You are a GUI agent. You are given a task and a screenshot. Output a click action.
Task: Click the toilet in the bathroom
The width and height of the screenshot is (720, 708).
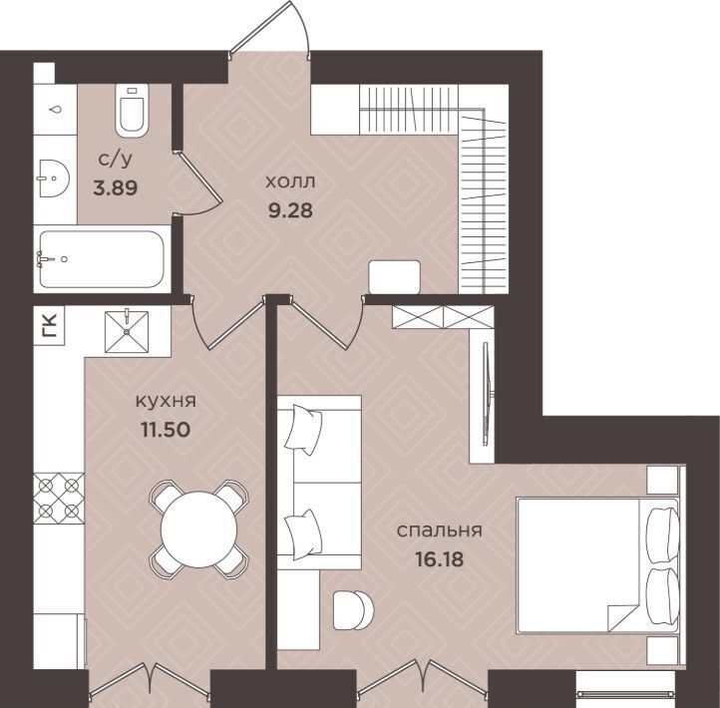click(132, 111)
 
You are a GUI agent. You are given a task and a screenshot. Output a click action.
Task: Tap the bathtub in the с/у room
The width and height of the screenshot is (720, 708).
click(102, 259)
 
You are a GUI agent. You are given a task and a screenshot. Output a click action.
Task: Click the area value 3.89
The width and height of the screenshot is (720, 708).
click(116, 187)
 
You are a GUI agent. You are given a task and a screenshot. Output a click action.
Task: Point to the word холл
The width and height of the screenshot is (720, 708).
click(290, 181)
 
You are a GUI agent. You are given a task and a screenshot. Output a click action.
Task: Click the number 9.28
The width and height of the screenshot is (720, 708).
click(290, 210)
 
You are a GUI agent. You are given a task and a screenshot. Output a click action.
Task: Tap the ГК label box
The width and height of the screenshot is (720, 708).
click(50, 325)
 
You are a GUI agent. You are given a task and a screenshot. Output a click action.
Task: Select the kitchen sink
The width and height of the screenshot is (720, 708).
click(127, 331)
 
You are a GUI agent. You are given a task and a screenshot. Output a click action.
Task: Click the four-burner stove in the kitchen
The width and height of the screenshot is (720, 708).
click(59, 499)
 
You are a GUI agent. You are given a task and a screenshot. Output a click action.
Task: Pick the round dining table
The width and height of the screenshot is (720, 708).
click(198, 529)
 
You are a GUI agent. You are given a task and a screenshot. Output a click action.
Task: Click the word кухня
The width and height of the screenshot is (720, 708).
click(166, 401)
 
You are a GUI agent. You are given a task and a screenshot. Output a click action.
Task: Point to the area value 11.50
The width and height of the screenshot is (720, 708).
click(166, 430)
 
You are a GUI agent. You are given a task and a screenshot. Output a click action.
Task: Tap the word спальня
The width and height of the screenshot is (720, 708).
click(440, 531)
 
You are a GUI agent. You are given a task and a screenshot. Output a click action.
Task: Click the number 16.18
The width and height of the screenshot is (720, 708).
click(440, 559)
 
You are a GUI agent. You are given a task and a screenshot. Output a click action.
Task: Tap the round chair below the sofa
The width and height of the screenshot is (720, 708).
click(353, 610)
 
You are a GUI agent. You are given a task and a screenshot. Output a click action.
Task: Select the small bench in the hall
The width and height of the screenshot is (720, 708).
click(395, 277)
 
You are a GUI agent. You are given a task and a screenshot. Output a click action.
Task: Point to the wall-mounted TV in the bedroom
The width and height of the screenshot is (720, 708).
click(487, 394)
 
